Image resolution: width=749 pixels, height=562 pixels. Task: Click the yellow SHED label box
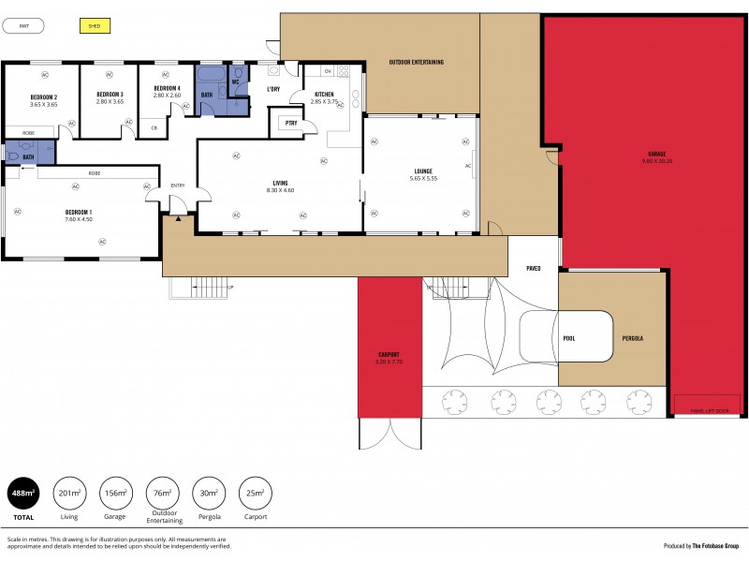click(x=94, y=26)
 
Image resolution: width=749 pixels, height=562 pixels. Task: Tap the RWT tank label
click(x=23, y=26)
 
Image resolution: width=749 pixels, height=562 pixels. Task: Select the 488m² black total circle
click(x=22, y=493)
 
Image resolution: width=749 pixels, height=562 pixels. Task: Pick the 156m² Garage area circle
click(x=116, y=493)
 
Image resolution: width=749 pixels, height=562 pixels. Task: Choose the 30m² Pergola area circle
click(x=208, y=493)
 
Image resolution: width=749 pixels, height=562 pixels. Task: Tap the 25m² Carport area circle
click(x=255, y=493)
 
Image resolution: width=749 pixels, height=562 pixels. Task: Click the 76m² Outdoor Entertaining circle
click(x=162, y=493)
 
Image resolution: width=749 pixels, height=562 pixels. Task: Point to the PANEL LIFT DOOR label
click(x=709, y=410)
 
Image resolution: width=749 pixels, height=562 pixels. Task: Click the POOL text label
click(x=568, y=337)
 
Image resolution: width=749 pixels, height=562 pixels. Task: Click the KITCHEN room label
click(x=324, y=95)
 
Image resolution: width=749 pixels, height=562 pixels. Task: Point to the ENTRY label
click(x=177, y=185)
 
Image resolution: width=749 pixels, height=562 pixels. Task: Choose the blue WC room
click(x=236, y=81)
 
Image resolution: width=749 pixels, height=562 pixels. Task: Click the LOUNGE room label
click(x=423, y=171)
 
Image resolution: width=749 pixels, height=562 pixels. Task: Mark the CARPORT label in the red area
click(x=389, y=355)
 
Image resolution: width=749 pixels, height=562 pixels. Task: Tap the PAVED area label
click(x=533, y=268)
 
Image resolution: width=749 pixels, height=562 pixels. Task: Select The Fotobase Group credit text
click(x=715, y=545)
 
